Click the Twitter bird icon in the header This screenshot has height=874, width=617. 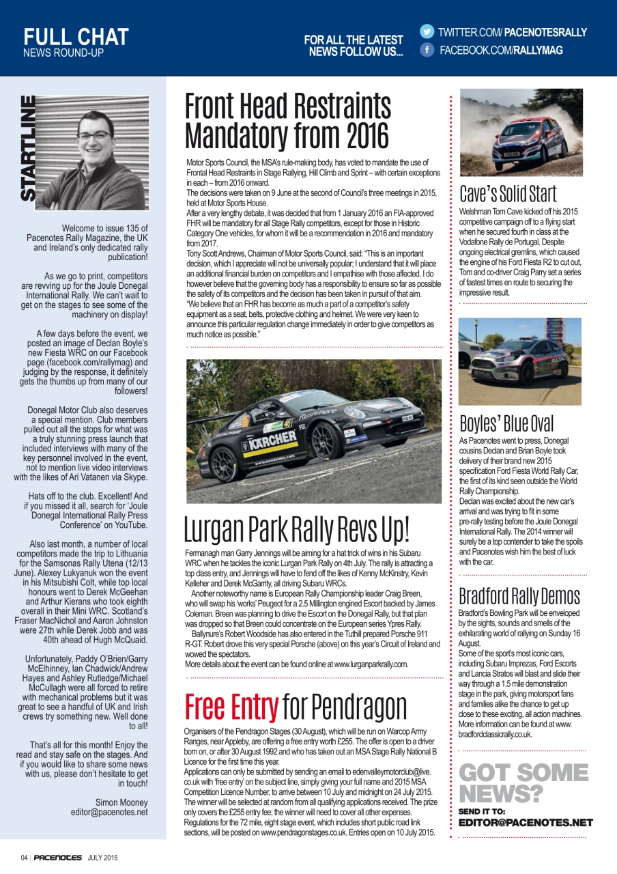427,31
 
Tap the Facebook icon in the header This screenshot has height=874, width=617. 427,51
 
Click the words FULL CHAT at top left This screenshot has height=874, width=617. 76,36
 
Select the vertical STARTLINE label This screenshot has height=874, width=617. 28,149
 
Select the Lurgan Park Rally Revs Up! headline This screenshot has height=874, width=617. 298,531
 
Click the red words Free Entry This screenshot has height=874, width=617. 231,706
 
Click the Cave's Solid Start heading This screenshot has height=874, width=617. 508,194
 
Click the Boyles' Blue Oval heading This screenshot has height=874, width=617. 506,423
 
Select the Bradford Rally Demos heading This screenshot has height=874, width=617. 519,595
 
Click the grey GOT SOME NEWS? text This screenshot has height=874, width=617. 523,783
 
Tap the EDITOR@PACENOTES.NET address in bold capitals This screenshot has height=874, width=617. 526,823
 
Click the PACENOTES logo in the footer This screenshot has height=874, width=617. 58,858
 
